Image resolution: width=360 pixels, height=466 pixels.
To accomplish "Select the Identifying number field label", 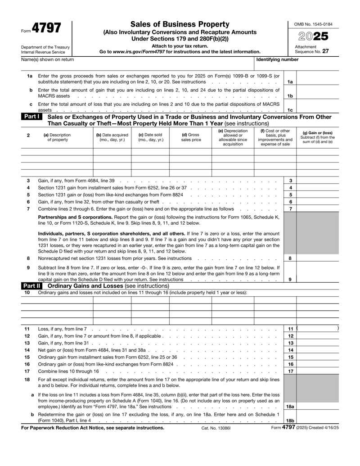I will tap(277, 59).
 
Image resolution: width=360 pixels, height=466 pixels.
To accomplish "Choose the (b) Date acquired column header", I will tap(112, 137).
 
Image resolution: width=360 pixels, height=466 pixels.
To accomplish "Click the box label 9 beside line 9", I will tap(290, 279).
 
